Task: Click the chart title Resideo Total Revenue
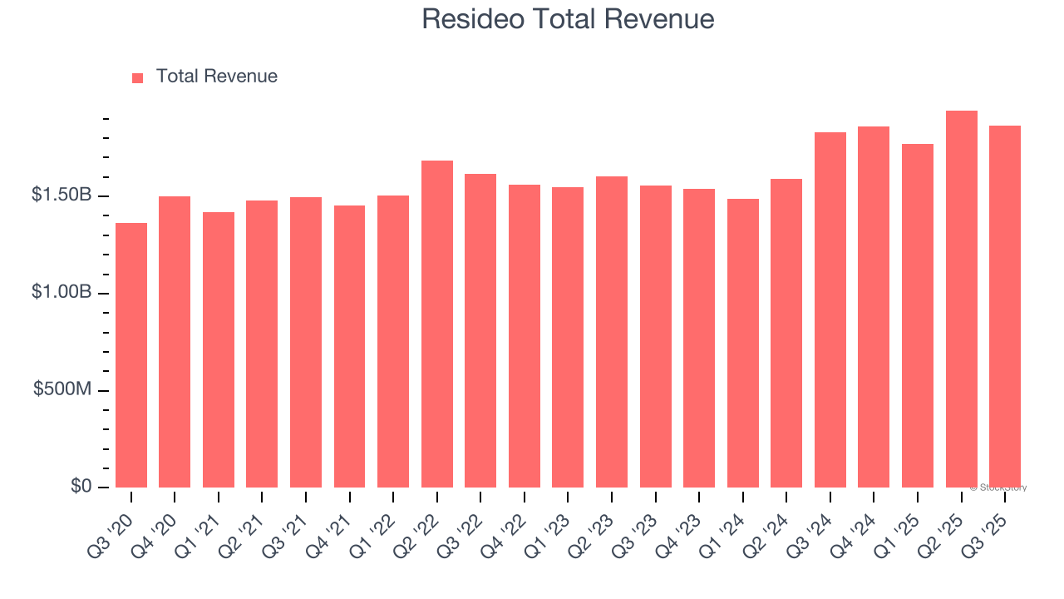click(568, 18)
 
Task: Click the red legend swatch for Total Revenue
click(138, 77)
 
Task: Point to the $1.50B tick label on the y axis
click(62, 195)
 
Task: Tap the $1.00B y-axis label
click(62, 292)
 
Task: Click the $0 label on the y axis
click(80, 486)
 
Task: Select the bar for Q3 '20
click(131, 355)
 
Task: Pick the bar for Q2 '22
click(437, 324)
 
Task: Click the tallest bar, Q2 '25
click(962, 299)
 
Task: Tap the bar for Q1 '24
click(743, 343)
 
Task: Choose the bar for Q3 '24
click(830, 309)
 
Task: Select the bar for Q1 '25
click(918, 316)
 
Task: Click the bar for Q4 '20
click(175, 342)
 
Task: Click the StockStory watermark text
click(998, 488)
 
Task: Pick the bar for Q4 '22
click(525, 336)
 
